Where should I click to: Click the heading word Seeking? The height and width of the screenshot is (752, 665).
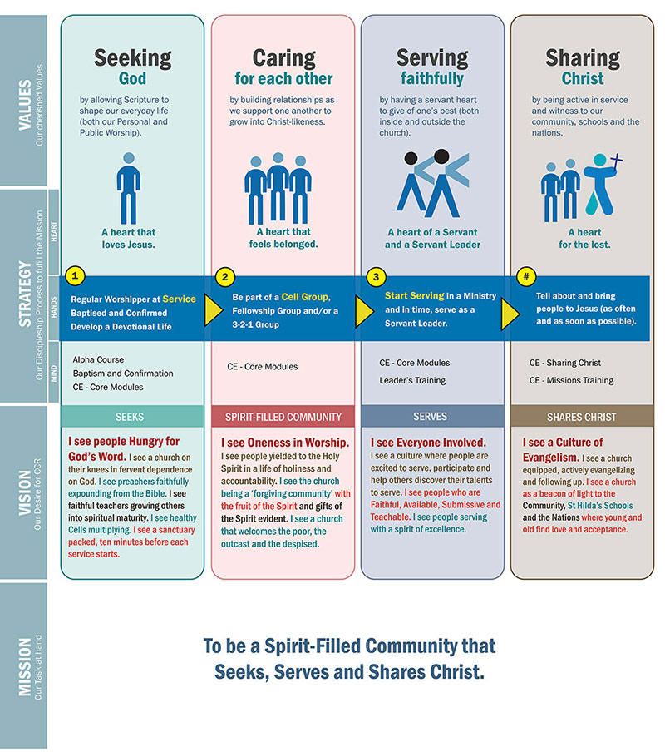point(133,58)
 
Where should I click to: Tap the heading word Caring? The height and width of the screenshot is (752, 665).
point(284,58)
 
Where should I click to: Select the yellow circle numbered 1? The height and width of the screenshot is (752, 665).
point(75,276)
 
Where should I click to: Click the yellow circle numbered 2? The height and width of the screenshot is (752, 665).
point(224,277)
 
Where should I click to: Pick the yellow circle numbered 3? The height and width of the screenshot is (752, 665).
point(376,277)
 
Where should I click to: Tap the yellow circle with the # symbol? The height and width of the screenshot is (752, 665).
point(526,277)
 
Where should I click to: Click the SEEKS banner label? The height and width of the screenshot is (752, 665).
point(130,417)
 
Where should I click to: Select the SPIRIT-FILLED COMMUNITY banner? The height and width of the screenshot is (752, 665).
point(283,417)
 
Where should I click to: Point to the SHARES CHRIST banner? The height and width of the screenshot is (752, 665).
point(582,416)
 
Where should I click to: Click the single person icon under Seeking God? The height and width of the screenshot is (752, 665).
point(128,188)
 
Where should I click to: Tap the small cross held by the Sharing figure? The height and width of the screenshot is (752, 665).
point(616,161)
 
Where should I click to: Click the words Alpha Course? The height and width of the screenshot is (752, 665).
point(98,359)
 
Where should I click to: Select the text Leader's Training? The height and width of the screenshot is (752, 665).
point(412,380)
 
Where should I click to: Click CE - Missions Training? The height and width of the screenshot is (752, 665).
point(571,380)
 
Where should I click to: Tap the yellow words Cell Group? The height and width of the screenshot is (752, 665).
point(305,297)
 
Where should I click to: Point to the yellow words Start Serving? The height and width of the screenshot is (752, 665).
point(415,296)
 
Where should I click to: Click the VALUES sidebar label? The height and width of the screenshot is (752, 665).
point(25,105)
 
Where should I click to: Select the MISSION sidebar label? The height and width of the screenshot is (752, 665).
point(25,666)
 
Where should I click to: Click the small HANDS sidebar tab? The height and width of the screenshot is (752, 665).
point(54,307)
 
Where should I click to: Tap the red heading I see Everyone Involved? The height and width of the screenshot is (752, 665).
point(428,443)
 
